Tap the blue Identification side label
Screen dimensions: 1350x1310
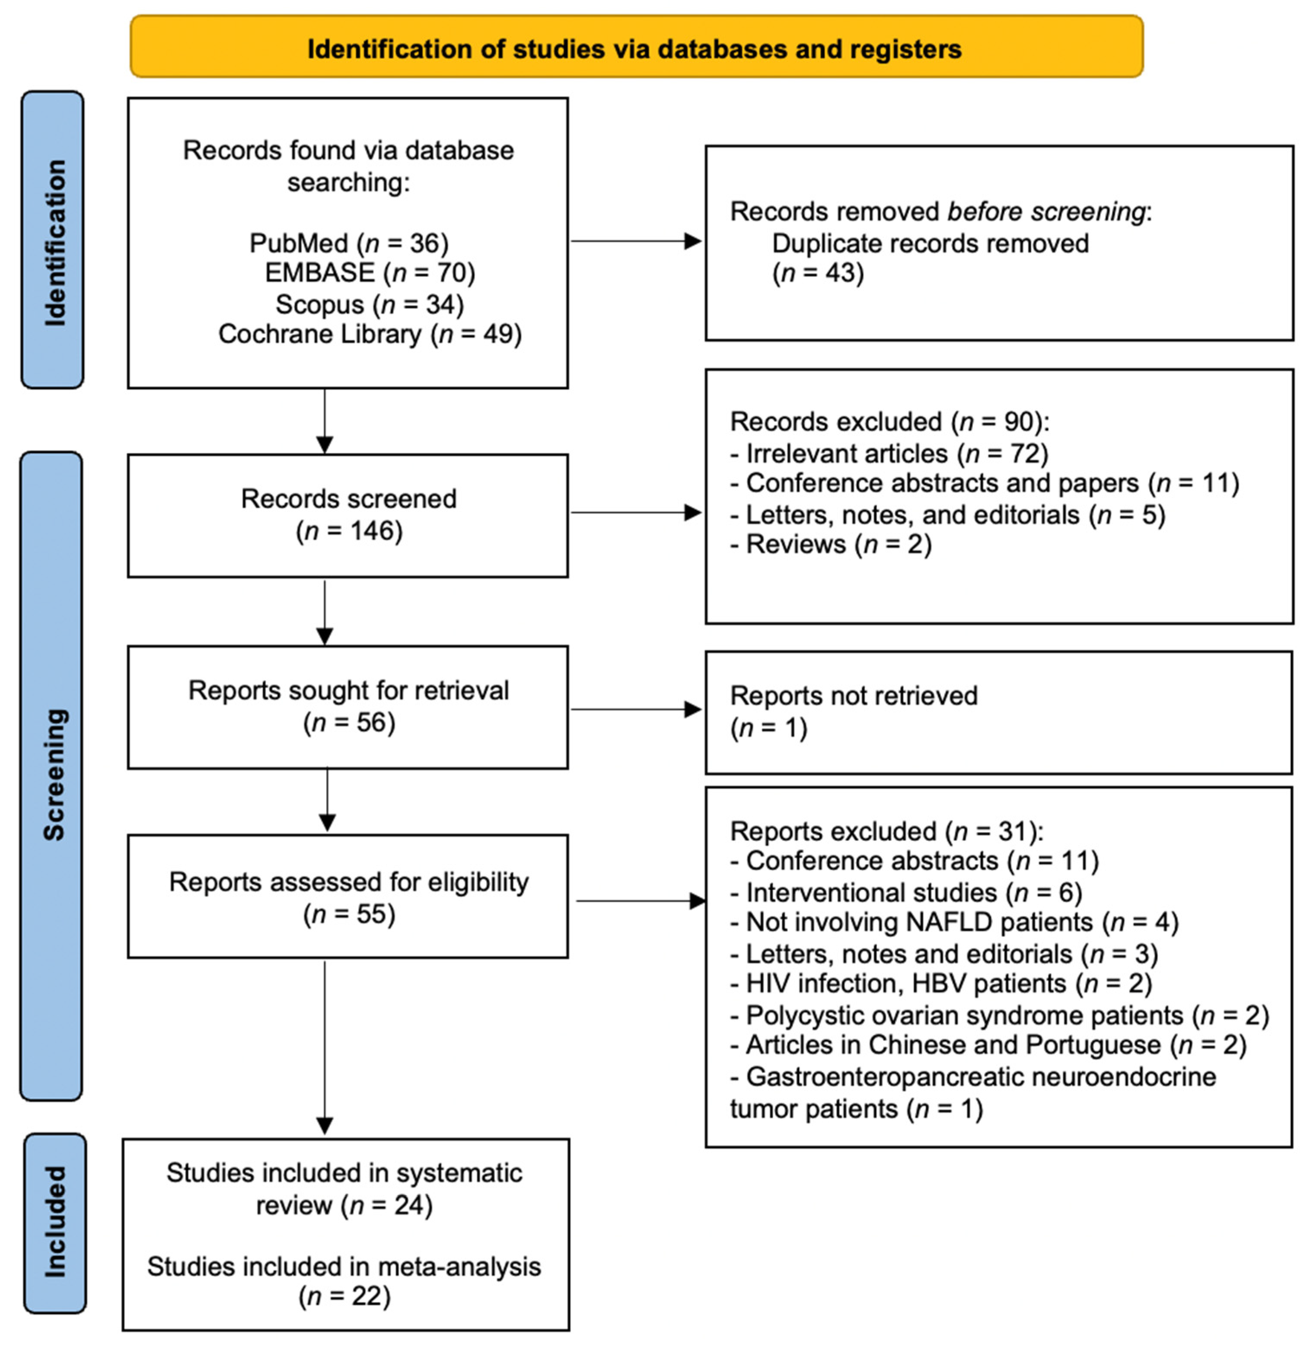coord(53,241)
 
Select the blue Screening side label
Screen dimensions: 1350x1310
coord(52,775)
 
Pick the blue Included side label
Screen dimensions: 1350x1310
coord(54,1222)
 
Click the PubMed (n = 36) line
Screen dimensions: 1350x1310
coord(348,243)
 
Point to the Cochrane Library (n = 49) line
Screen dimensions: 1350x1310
coord(370,334)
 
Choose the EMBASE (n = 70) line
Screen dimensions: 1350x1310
coord(370,273)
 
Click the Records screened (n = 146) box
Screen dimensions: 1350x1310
coord(348,515)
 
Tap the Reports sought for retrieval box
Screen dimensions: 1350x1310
coord(348,707)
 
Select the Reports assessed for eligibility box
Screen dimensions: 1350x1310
coord(348,897)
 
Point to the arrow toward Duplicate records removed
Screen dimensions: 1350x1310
coord(635,241)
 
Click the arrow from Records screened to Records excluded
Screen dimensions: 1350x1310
coord(635,512)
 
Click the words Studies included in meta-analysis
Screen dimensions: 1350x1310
coord(344,1267)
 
